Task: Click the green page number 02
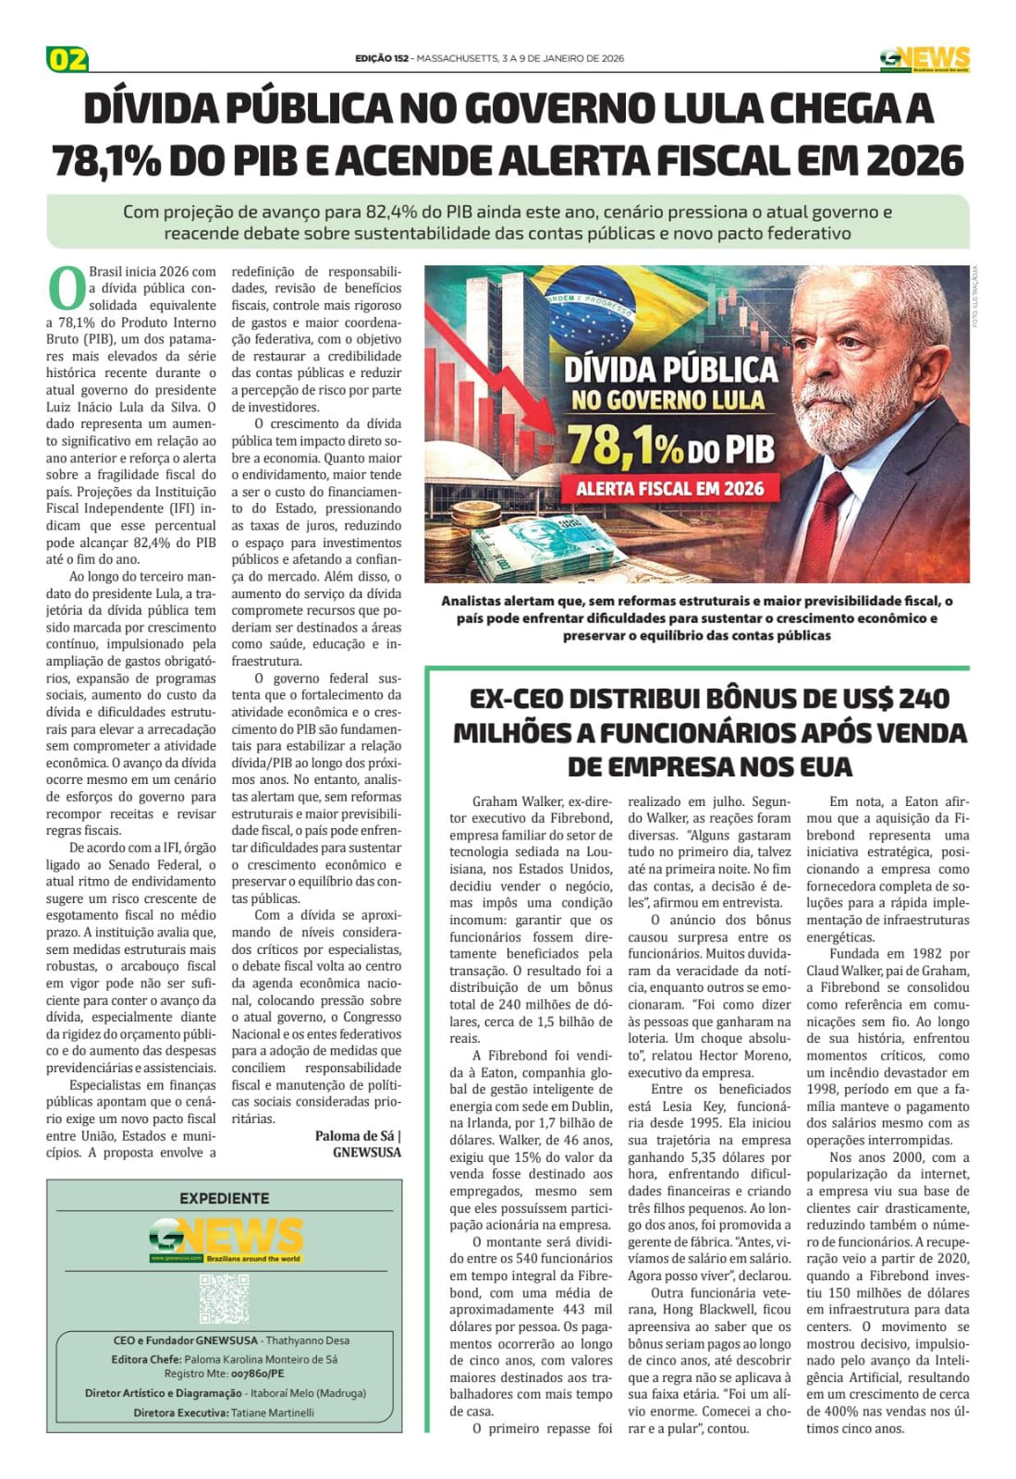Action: tap(67, 60)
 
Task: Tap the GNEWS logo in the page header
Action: tap(924, 59)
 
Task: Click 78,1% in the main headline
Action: tap(110, 161)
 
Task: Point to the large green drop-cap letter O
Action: tap(66, 288)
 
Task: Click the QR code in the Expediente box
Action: tap(224, 1298)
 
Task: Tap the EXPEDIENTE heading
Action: tap(225, 1198)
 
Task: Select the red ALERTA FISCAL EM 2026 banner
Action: tap(669, 487)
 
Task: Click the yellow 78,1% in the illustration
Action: tap(624, 446)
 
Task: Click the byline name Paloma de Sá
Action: tap(355, 1136)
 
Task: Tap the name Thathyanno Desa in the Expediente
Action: tap(308, 1340)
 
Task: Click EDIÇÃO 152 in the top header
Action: tap(381, 58)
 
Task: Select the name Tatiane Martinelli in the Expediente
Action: tap(273, 1412)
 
